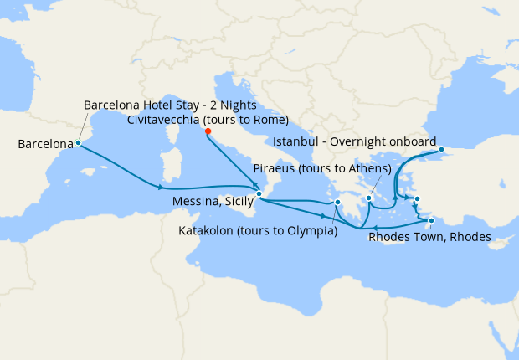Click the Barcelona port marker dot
click(x=78, y=142)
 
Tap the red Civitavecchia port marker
click(x=208, y=131)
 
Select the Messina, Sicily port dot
click(x=259, y=194)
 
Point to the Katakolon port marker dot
click(x=337, y=202)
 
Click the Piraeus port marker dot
click(x=368, y=198)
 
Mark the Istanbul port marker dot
click(x=441, y=150)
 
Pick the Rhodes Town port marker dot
click(x=431, y=221)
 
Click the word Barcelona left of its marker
click(x=45, y=145)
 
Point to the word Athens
click(x=370, y=169)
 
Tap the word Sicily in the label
click(x=238, y=202)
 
